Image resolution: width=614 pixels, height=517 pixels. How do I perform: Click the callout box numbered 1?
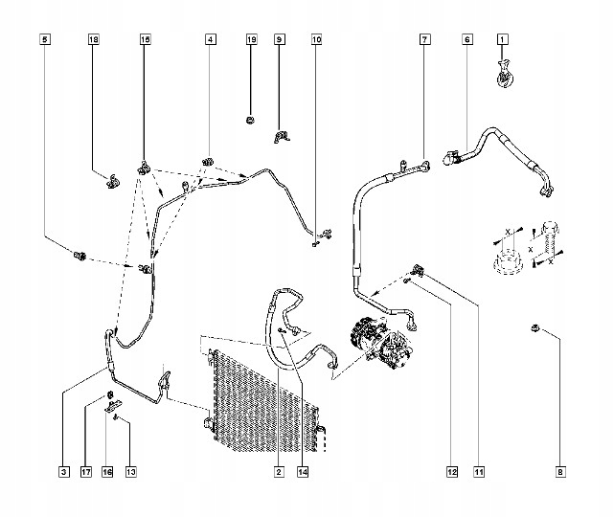click(502, 39)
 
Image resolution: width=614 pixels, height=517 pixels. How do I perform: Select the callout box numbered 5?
click(44, 39)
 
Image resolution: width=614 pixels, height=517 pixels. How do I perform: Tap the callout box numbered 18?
click(94, 39)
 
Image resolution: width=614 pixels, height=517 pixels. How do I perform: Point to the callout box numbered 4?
click(210, 39)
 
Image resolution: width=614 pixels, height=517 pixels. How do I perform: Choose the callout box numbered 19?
click(251, 39)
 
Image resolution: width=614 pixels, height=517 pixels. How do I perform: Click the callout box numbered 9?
click(280, 39)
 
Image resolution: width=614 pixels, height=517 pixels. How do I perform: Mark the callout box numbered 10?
click(317, 39)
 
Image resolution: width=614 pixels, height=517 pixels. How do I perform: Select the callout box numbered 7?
click(424, 39)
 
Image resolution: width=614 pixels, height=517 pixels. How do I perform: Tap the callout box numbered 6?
click(466, 39)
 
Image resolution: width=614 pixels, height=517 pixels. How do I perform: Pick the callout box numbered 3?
click(63, 471)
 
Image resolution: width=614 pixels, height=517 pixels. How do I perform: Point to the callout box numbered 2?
click(279, 471)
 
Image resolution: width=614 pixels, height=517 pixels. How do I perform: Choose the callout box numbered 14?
click(304, 471)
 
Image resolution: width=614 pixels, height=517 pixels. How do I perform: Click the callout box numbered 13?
click(130, 471)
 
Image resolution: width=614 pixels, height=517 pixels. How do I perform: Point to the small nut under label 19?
click(251, 121)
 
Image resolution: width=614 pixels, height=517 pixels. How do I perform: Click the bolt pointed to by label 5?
click(80, 257)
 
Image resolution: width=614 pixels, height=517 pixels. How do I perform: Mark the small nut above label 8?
click(534, 330)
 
